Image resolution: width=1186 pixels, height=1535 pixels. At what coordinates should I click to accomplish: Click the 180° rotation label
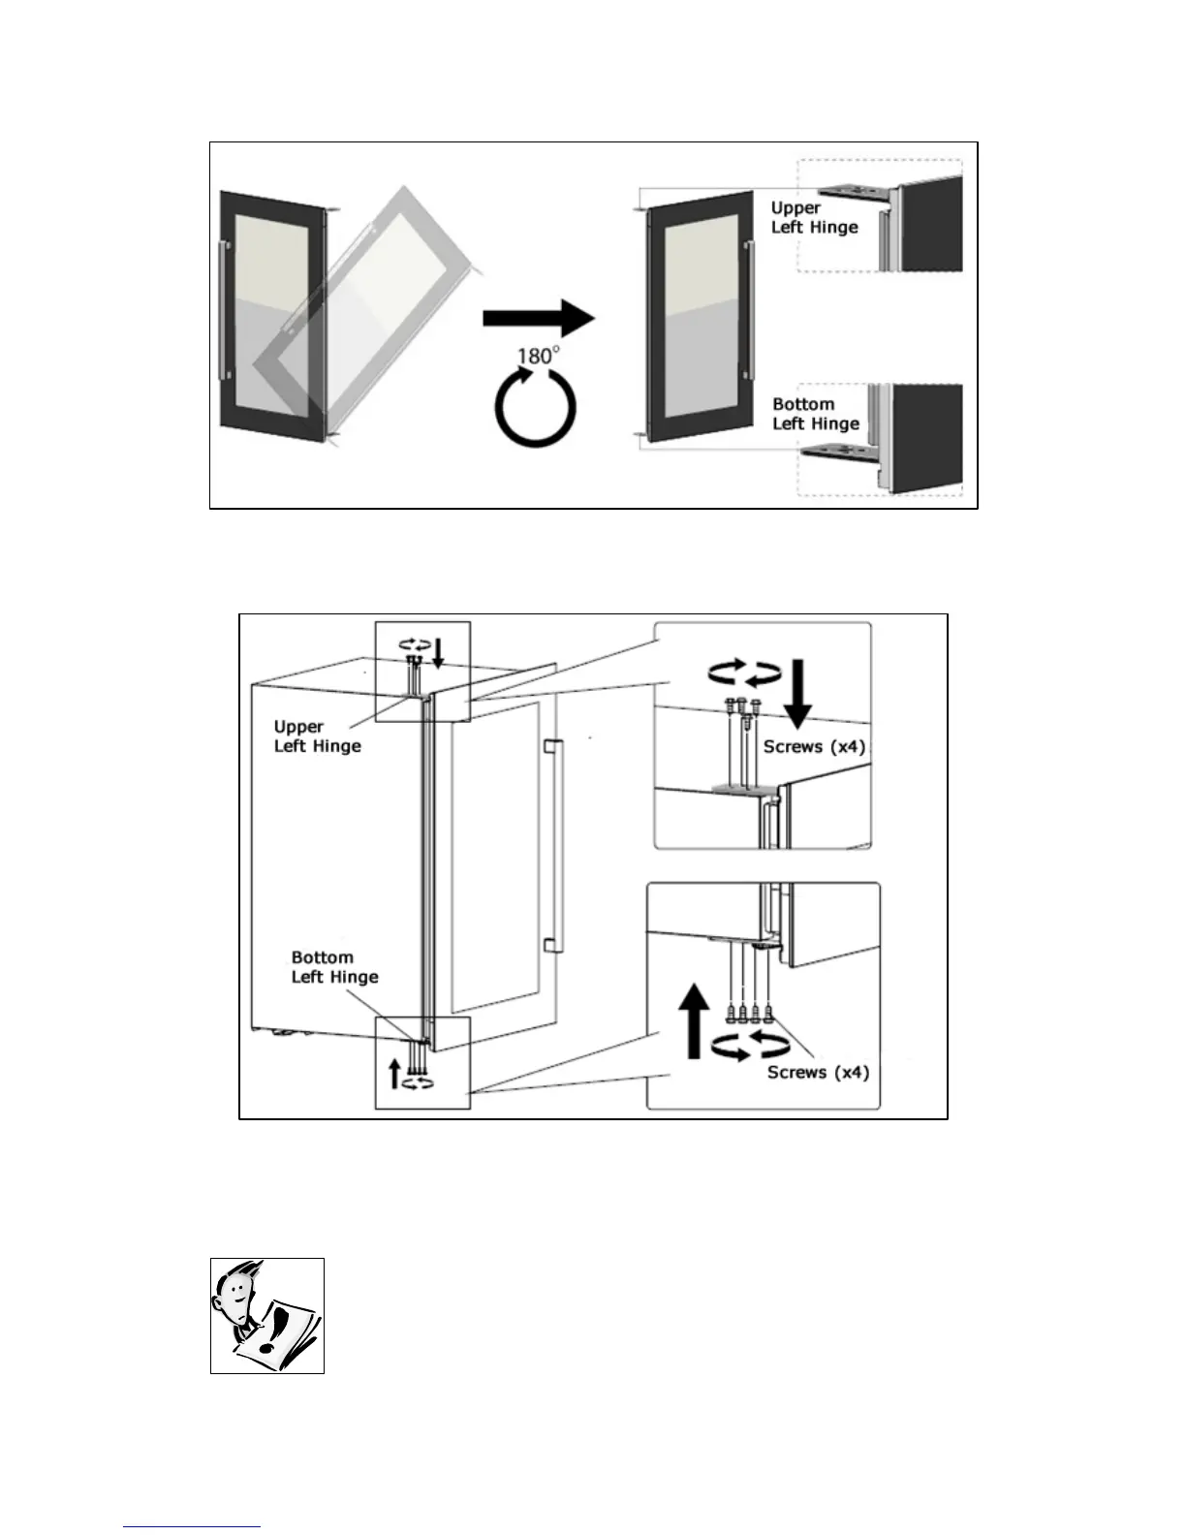537,356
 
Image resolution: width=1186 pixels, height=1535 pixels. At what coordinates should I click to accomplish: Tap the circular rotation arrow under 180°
535,408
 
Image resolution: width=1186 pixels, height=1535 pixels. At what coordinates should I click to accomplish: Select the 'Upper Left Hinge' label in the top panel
814,217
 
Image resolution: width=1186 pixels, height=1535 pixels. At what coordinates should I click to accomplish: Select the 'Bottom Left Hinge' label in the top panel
815,414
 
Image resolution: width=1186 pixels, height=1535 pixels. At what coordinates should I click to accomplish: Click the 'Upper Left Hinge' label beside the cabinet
317,736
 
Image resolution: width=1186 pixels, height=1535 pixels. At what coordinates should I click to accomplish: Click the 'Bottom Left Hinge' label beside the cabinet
334,966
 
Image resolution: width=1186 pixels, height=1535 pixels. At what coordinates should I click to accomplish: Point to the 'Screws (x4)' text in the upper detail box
814,746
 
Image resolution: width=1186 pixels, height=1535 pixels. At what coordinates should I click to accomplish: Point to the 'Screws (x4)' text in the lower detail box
818,1072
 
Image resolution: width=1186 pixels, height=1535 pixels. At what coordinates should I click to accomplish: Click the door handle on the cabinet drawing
554,845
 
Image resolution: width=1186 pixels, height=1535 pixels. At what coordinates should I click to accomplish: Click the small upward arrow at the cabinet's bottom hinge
394,1074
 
